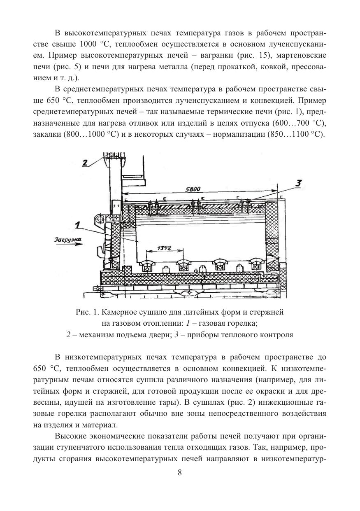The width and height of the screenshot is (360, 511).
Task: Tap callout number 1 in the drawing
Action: click(x=77, y=225)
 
